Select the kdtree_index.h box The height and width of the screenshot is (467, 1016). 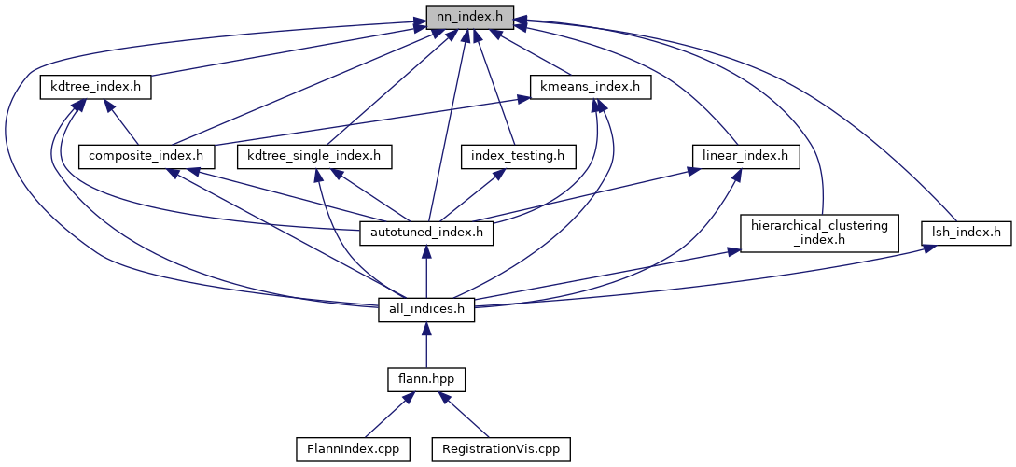click(95, 88)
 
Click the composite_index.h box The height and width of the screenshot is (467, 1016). click(146, 155)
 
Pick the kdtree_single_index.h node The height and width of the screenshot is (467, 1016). click(313, 155)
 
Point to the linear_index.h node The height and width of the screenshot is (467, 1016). click(746, 155)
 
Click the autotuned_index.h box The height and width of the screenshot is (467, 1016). click(427, 232)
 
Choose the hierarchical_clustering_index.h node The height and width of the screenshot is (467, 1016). click(818, 232)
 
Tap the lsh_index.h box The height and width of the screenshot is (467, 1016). click(967, 232)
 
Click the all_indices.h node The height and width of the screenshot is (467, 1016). click(426, 308)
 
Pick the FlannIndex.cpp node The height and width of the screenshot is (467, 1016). click(347, 449)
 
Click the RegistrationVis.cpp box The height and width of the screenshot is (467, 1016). click(500, 449)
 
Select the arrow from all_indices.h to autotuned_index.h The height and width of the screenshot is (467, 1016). click(426, 270)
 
